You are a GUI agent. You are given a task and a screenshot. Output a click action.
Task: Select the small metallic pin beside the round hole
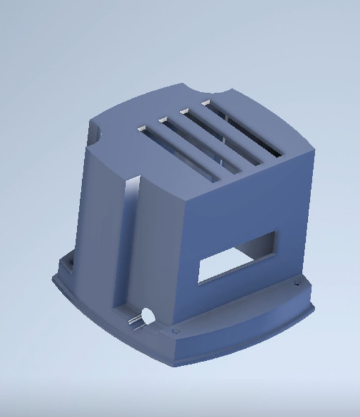tap(136, 321)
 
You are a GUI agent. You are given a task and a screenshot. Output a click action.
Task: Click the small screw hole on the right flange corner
tap(297, 281)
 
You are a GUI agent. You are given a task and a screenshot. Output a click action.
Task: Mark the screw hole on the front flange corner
tap(174, 333)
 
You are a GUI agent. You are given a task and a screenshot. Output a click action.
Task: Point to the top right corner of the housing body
tap(314, 150)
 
